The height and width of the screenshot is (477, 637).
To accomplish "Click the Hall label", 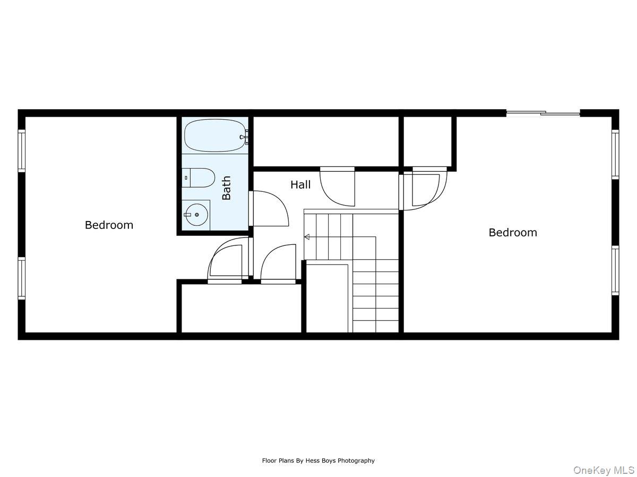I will click(x=300, y=185).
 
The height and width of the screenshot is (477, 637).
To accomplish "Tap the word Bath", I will click(x=227, y=188).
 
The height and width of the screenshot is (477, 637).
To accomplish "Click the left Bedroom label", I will click(x=109, y=225).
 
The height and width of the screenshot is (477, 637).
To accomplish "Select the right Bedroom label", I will click(x=513, y=232).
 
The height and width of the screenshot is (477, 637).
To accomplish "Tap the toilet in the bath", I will click(x=201, y=178).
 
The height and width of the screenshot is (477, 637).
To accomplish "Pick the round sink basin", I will click(x=196, y=215).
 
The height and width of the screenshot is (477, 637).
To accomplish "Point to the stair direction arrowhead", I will click(x=306, y=237).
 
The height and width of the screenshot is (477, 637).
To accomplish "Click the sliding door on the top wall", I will click(x=543, y=112).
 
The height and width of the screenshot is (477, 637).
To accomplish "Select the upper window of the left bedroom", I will click(x=22, y=151).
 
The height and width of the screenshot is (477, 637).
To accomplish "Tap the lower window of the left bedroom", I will click(x=22, y=278).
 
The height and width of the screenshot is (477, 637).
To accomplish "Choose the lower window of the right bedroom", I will click(x=615, y=270).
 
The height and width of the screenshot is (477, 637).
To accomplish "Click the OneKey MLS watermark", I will click(x=604, y=470).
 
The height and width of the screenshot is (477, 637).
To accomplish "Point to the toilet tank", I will click(x=186, y=178).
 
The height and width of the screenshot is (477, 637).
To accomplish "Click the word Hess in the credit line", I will click(x=315, y=461).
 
